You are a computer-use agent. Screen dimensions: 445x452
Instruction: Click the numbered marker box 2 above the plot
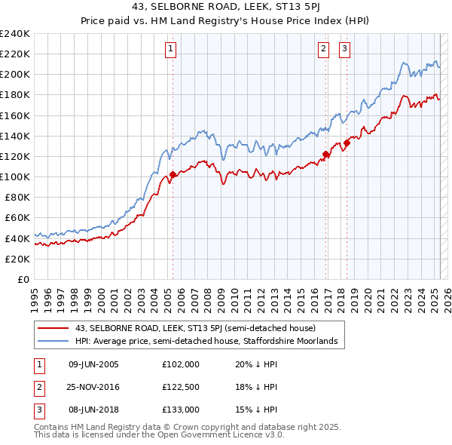tap(323, 50)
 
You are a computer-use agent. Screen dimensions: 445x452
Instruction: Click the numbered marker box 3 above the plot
tap(344, 50)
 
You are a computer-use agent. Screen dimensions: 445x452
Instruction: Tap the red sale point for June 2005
tap(173, 175)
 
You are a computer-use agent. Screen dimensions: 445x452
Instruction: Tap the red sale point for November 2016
tap(326, 154)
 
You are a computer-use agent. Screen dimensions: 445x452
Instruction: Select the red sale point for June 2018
tap(347, 143)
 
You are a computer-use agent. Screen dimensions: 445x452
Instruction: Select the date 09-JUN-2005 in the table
tap(93, 364)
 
